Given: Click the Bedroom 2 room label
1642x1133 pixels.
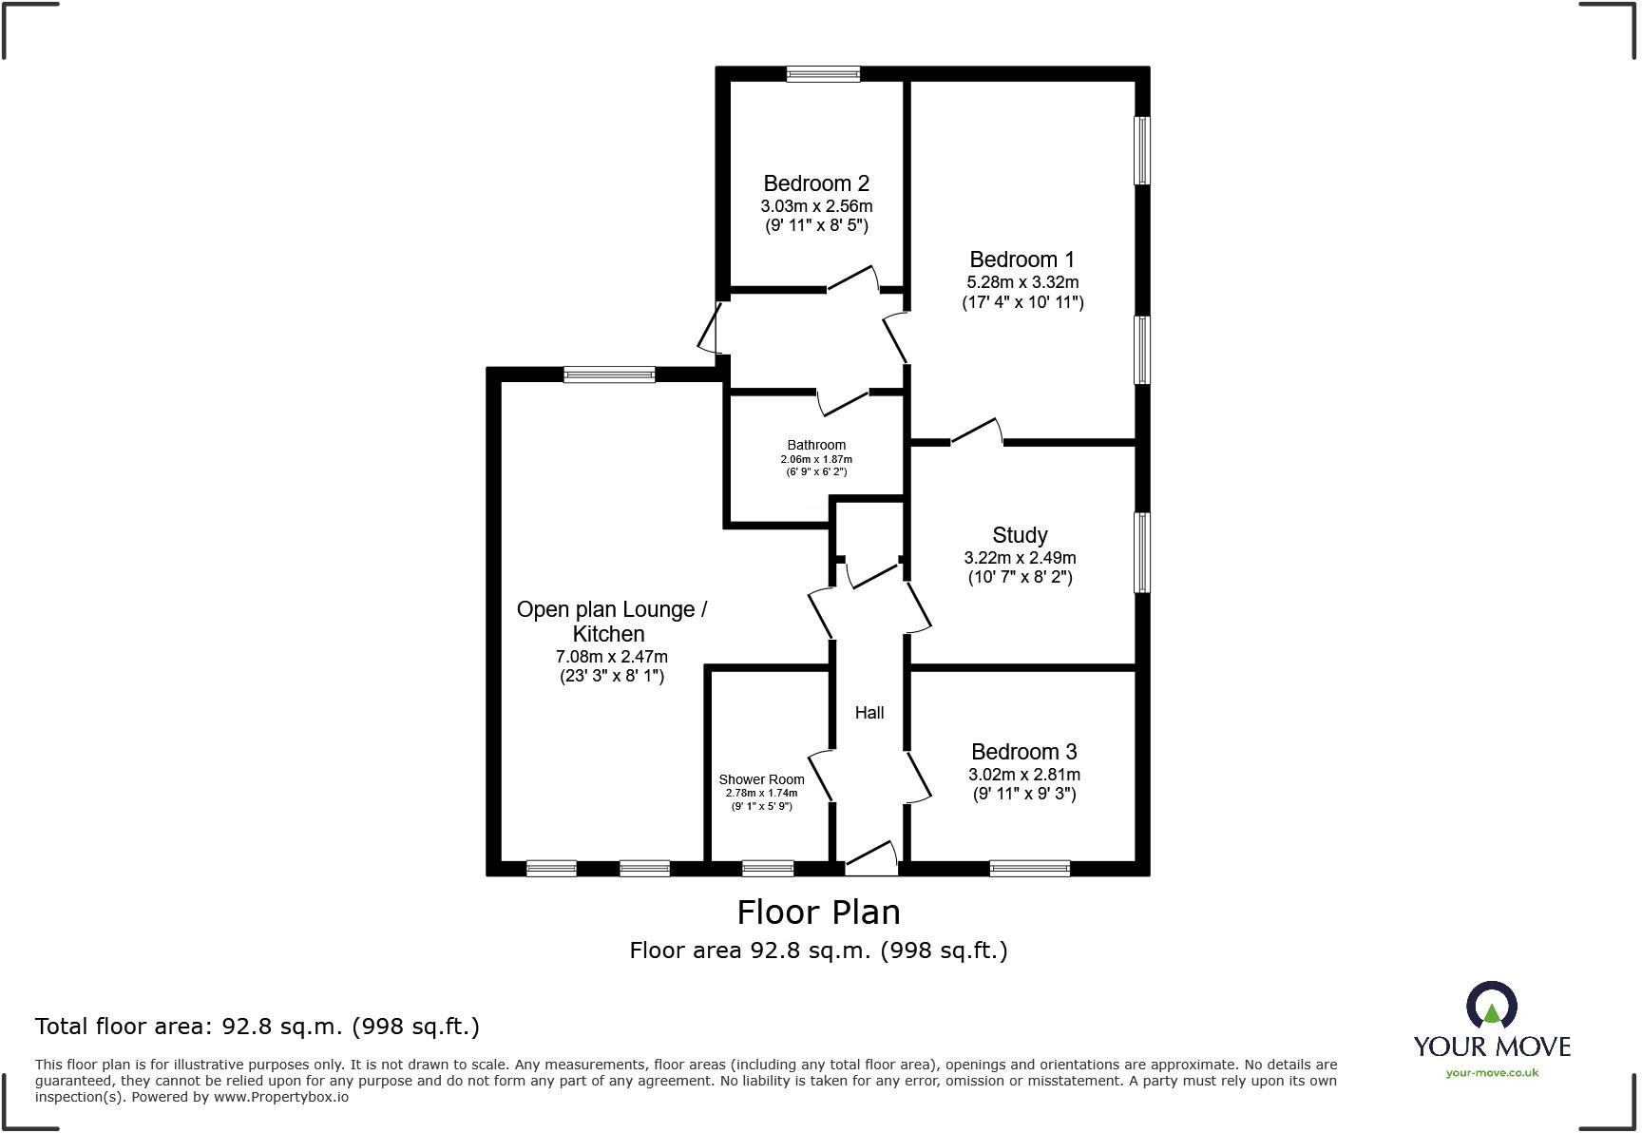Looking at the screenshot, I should tap(816, 183).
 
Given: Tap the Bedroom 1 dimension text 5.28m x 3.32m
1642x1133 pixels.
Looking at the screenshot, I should tap(1022, 282).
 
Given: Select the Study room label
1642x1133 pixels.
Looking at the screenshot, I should tap(1020, 535).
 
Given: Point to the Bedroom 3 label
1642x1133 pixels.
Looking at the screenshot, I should tap(1023, 752).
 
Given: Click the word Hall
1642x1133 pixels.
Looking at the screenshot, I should tap(869, 713).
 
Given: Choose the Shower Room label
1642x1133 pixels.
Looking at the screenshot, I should tap(761, 779).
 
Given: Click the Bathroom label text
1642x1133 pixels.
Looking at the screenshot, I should tap(816, 445).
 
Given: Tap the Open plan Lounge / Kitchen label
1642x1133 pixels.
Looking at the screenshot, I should tap(611, 622).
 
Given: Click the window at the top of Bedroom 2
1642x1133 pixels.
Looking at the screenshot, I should tap(823, 74).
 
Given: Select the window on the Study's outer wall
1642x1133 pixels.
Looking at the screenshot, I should tap(1142, 552).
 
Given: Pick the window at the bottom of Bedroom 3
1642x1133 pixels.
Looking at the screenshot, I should tap(1029, 868).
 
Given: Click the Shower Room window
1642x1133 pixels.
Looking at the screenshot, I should tap(767, 868).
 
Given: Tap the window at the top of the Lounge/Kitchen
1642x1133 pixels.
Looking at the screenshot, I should tap(608, 374).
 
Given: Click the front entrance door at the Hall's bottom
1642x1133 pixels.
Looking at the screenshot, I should tap(871, 860).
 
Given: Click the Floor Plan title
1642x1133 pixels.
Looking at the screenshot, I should tap(818, 912).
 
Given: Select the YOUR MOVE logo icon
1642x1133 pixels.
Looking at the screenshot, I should tap(1491, 1006).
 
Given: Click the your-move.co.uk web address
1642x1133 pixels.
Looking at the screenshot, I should tap(1492, 1073).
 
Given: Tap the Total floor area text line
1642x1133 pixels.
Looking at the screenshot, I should tap(257, 1027).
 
